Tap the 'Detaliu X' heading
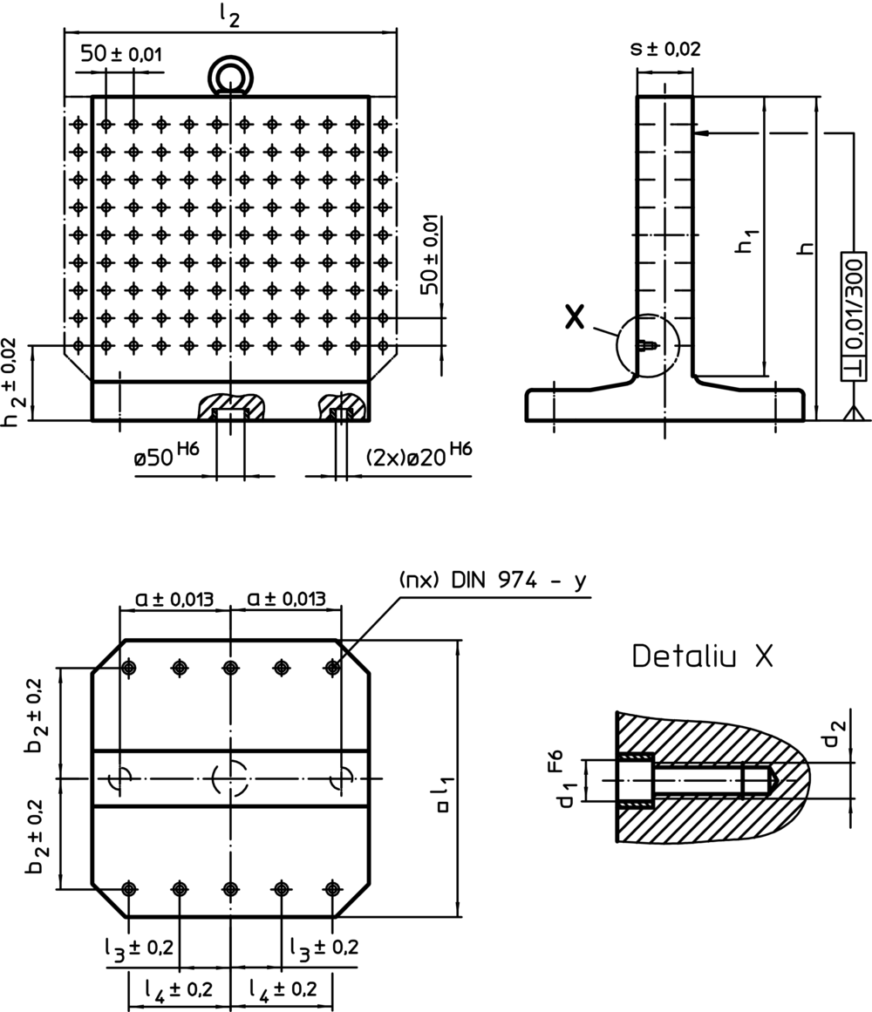click(702, 656)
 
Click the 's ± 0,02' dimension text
click(665, 49)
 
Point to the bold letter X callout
click(575, 317)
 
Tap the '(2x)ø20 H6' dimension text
click(419, 454)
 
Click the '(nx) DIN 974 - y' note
click(494, 581)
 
